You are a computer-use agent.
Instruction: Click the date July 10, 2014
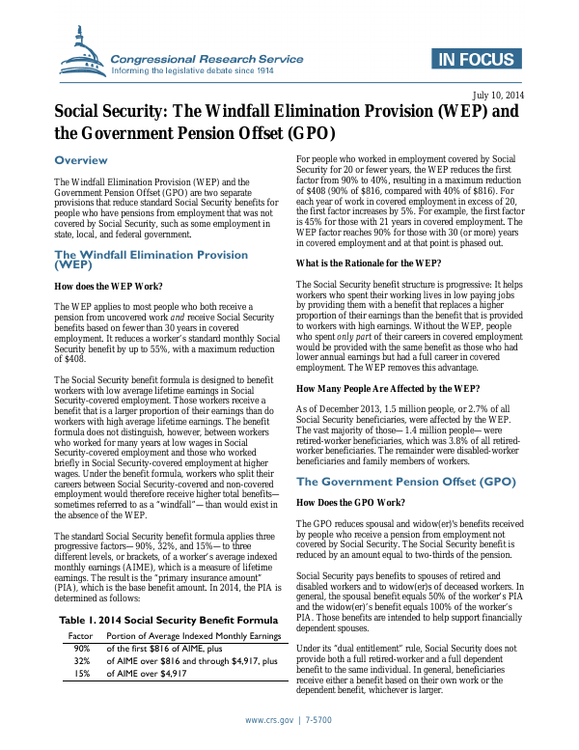pos(498,94)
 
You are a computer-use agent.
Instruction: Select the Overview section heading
pos(81,160)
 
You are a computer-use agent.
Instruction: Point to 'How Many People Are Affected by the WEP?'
pos(387,388)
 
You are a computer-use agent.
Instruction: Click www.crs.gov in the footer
pos(269,721)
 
